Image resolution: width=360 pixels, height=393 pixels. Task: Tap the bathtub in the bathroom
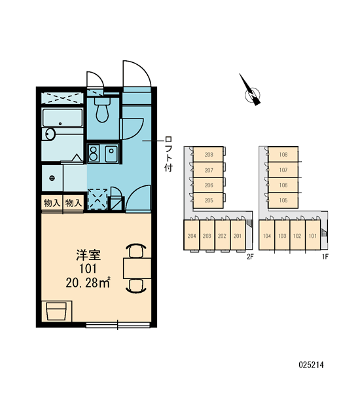(x=62, y=117)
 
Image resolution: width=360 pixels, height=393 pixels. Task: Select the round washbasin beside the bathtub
(x=50, y=134)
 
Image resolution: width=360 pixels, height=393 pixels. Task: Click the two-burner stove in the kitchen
(x=93, y=153)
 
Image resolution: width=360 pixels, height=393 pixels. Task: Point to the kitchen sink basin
(x=111, y=153)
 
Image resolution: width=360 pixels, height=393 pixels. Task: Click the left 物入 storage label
(x=52, y=203)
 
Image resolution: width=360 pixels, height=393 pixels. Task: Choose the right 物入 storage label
(x=74, y=203)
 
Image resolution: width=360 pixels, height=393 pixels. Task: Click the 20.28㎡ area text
(x=88, y=283)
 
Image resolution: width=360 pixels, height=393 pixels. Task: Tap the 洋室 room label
(x=88, y=255)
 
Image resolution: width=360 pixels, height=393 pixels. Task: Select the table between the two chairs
(x=137, y=269)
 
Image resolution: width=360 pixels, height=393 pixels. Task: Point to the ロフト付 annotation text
(x=168, y=154)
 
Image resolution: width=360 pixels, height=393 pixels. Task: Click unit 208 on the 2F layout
(x=208, y=155)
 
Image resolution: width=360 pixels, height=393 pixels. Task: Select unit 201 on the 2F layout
(x=238, y=235)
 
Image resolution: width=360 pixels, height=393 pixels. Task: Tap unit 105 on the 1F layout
(x=283, y=200)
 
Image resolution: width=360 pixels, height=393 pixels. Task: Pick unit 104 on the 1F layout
(x=267, y=235)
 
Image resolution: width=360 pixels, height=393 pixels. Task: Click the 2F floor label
(x=250, y=257)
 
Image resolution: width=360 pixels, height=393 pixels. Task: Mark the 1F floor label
(x=325, y=257)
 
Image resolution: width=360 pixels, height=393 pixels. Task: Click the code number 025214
(x=311, y=365)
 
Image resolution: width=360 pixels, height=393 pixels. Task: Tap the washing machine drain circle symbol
(x=52, y=178)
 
